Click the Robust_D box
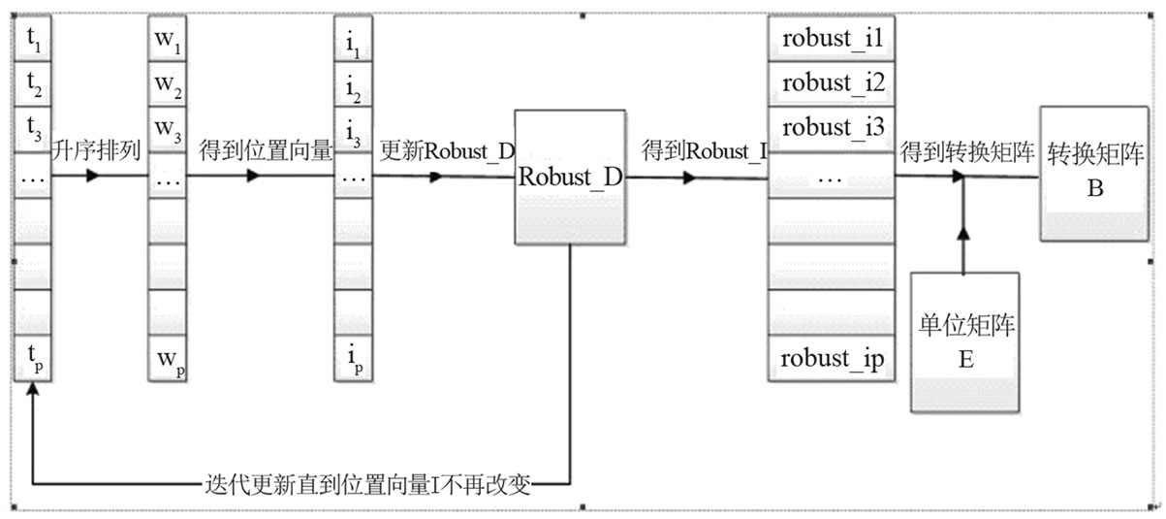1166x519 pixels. pos(572,178)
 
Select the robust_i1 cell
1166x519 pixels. pos(832,40)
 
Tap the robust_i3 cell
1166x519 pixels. pos(832,128)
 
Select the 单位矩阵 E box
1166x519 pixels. pos(964,341)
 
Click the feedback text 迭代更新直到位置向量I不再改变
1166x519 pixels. pos(368,482)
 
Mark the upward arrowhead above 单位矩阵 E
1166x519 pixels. pos(963,234)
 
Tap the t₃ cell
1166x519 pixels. pos(34,128)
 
